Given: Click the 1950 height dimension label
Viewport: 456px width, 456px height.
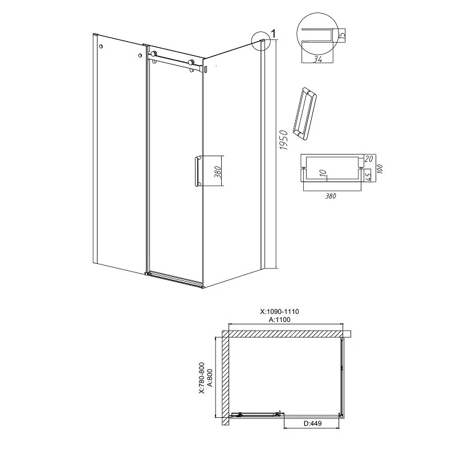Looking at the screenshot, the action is click(283, 140).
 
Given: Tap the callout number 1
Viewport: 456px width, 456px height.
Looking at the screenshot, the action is click(273, 34).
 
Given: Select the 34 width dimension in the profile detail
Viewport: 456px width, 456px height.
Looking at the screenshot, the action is click(317, 59).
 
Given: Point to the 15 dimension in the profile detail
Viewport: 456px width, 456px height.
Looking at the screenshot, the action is click(343, 35).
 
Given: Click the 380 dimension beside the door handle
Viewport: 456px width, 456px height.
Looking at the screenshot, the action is click(219, 172).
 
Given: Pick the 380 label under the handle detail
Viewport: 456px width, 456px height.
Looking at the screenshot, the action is click(331, 196).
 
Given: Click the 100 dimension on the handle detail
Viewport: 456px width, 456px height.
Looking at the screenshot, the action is click(380, 169).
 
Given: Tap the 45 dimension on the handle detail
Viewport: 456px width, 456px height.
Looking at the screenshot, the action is click(368, 176).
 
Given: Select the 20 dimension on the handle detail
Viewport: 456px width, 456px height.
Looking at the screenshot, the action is click(368, 159).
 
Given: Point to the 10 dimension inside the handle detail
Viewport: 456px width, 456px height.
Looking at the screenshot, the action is click(324, 174).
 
